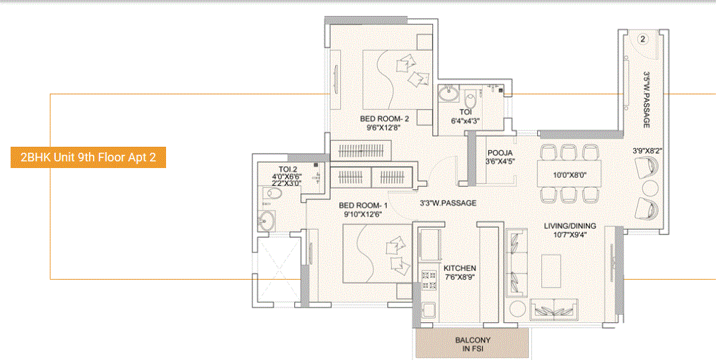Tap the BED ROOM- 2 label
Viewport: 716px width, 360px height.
(384, 119)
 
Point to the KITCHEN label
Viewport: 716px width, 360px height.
(460, 268)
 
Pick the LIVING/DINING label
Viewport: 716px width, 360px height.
(570, 226)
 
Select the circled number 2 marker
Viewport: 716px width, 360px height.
(642, 39)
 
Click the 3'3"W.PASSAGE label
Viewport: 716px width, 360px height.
(448, 203)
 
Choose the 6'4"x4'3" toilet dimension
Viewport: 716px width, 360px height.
(465, 121)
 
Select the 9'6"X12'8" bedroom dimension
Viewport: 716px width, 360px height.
(384, 128)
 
